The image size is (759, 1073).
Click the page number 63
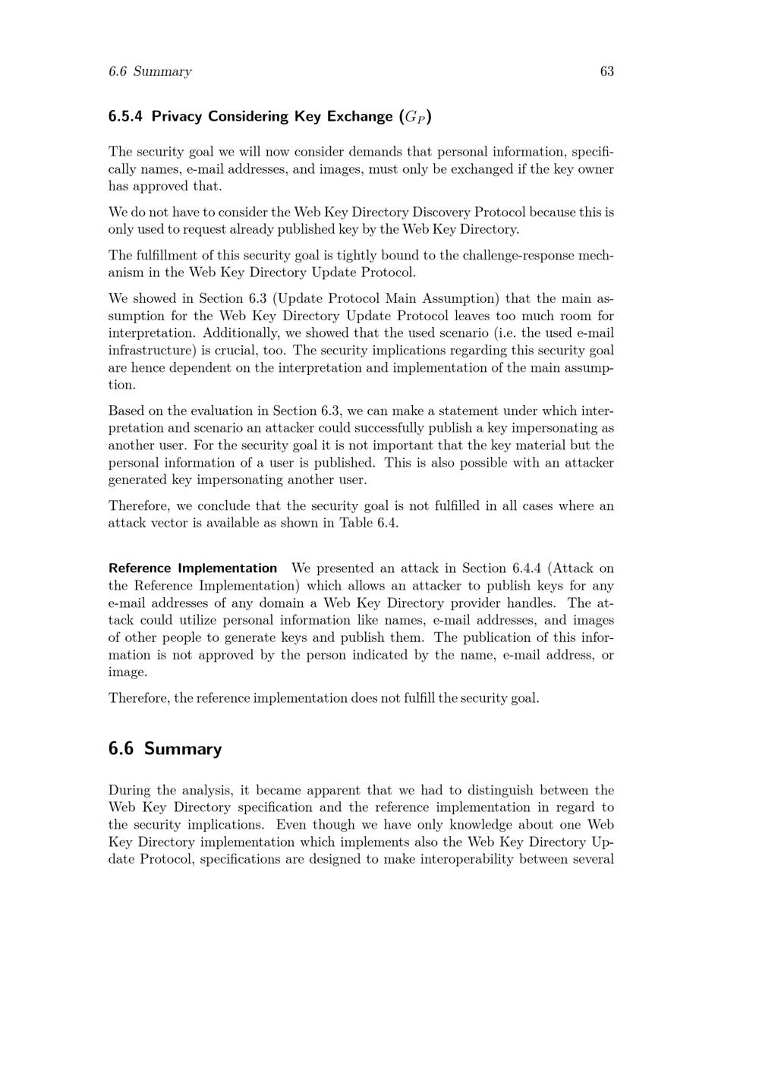pyautogui.click(x=606, y=71)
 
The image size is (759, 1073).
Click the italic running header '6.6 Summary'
pyautogui.click(x=150, y=71)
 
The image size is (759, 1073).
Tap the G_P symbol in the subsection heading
pyautogui.click(x=417, y=117)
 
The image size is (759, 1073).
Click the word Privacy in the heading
pyautogui.click(x=178, y=116)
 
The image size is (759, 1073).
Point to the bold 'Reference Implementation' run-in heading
pyautogui.click(x=193, y=568)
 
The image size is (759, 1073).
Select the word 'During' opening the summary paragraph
pyautogui.click(x=129, y=790)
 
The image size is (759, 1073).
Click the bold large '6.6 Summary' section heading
pyautogui.click(x=165, y=749)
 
